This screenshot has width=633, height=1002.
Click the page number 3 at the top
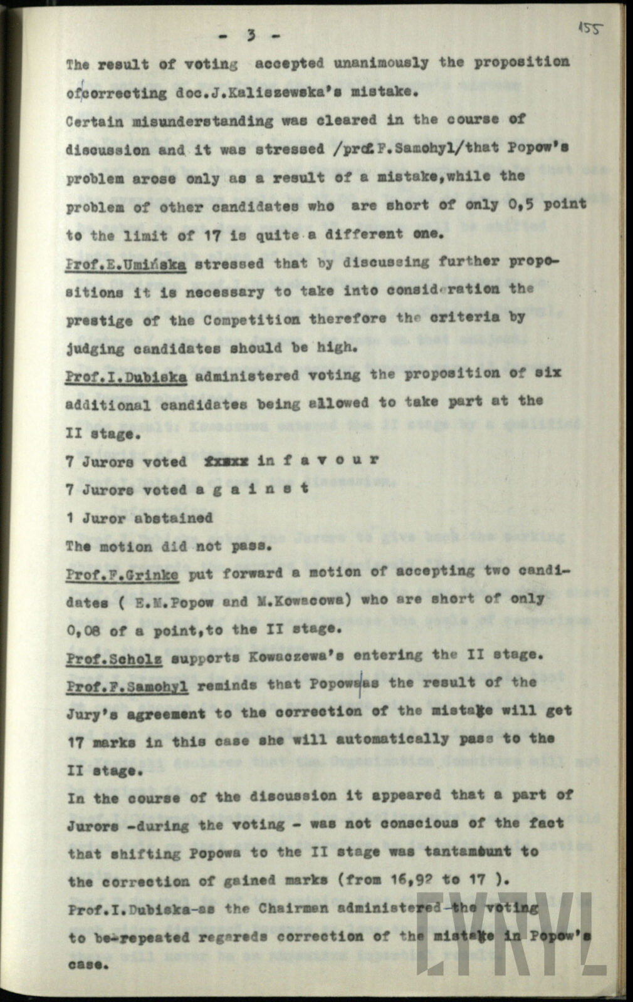tap(251, 36)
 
